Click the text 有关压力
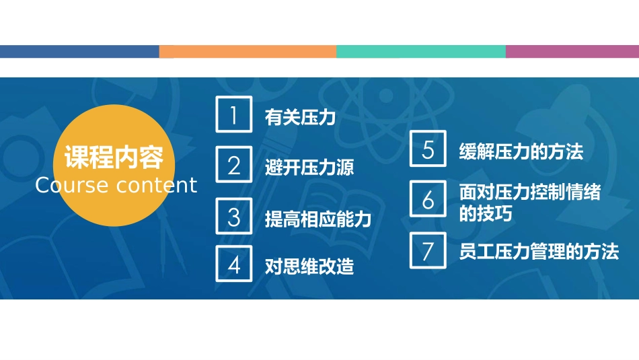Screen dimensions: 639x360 tap(301, 117)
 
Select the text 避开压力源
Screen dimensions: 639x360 tap(309, 168)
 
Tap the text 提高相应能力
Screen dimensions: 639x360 tap(318, 219)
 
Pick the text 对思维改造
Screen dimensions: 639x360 tap(309, 266)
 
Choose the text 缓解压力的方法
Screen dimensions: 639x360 tap(521, 151)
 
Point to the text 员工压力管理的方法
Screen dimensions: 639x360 tap(539, 252)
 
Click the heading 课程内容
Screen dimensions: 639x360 tap(114, 157)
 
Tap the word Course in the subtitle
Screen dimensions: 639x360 tap(71, 186)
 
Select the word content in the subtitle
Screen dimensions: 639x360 tap(157, 186)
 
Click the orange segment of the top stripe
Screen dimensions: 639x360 tap(248, 51)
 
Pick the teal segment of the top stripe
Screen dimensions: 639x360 tap(421, 51)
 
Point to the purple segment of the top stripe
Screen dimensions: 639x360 tap(572, 51)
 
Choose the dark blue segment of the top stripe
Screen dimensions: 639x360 tap(79, 51)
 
